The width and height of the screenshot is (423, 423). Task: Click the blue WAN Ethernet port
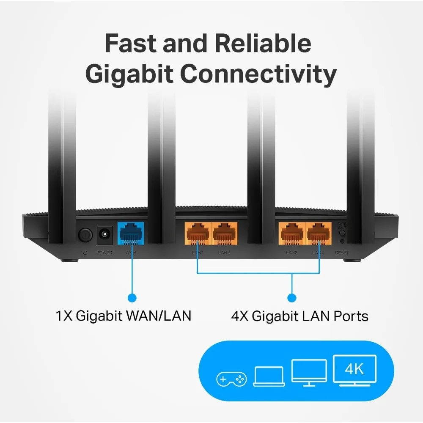(x=130, y=233)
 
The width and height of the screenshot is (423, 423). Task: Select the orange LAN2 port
(x=225, y=233)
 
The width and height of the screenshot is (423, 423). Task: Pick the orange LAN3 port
(x=292, y=233)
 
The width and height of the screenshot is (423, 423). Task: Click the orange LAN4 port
(x=319, y=233)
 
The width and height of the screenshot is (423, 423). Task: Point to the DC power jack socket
(x=104, y=234)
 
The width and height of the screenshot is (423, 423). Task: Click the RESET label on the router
(x=342, y=253)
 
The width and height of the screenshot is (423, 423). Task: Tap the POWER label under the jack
(x=104, y=253)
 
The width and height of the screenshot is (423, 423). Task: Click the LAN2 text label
(x=224, y=253)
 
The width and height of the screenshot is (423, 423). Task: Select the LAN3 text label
(x=291, y=253)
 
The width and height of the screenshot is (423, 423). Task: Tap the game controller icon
(x=231, y=379)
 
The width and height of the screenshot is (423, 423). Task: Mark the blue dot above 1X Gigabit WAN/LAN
(x=132, y=297)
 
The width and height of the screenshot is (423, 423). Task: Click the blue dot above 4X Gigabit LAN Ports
(x=292, y=297)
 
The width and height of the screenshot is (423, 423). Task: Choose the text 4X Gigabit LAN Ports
(x=299, y=316)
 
